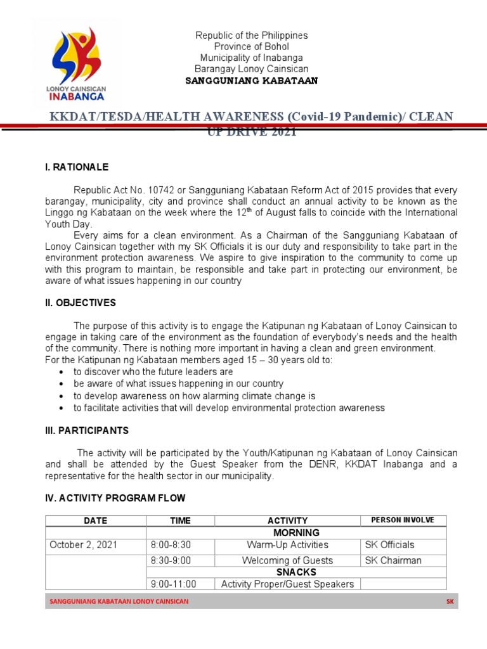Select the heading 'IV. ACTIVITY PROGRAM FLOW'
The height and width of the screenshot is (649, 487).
pyautogui.click(x=115, y=498)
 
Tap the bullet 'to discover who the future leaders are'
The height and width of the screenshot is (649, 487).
pyautogui.click(x=153, y=372)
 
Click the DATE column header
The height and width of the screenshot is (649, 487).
pyautogui.click(x=96, y=520)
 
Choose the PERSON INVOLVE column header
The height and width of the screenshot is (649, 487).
pyautogui.click(x=402, y=520)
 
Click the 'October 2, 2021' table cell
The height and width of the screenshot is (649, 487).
pyautogui.click(x=83, y=544)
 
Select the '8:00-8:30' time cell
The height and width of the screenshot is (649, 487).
pyautogui.click(x=171, y=544)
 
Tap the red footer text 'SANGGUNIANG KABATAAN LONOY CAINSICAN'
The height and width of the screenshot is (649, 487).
pyautogui.click(x=119, y=601)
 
